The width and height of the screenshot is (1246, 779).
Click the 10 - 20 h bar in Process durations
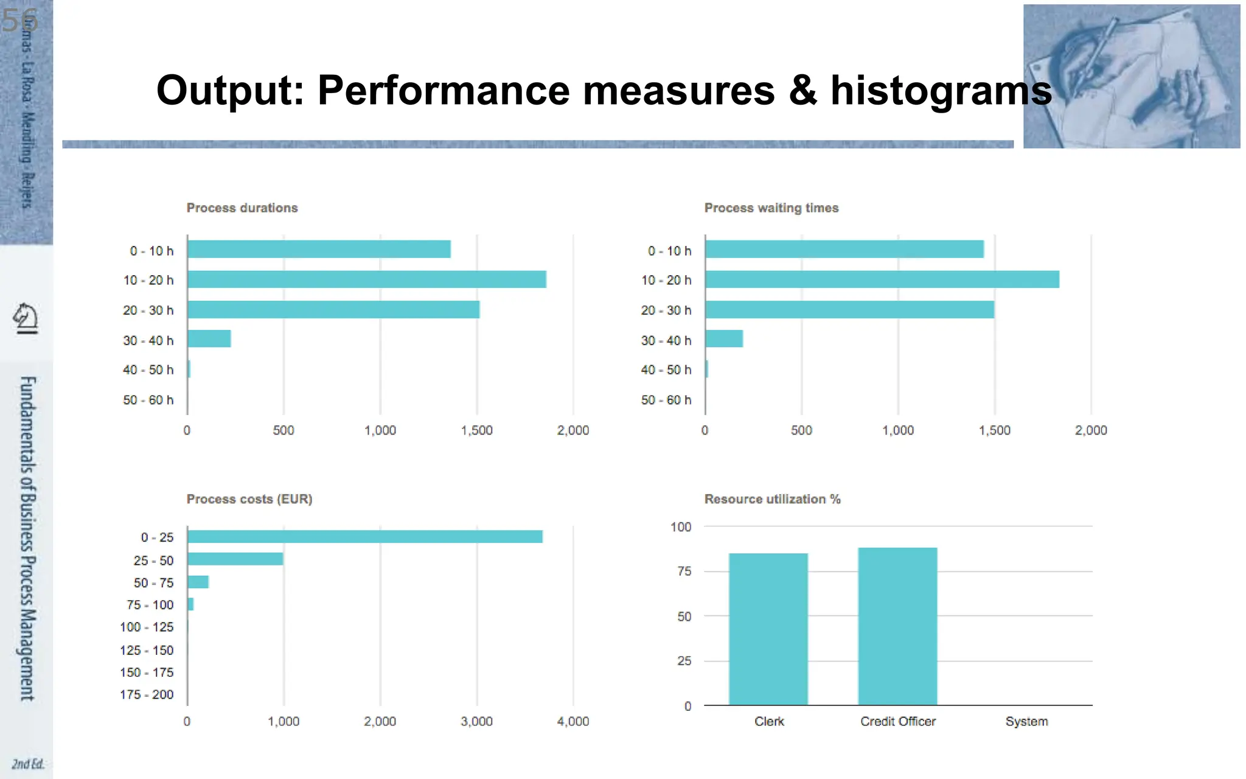click(x=366, y=279)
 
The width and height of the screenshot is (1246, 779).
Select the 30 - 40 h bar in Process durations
click(x=209, y=339)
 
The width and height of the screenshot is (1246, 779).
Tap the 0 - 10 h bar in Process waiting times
click(x=844, y=250)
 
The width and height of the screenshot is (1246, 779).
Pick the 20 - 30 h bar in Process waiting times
click(x=849, y=310)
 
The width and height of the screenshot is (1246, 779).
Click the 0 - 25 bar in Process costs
click(x=364, y=537)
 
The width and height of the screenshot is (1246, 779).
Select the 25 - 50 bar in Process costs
click(x=235, y=559)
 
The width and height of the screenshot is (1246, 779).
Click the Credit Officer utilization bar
click(x=897, y=626)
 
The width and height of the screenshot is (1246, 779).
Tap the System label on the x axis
click(x=1026, y=722)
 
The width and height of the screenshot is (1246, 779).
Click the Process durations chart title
click(x=242, y=208)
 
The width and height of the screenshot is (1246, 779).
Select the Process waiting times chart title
click(x=771, y=208)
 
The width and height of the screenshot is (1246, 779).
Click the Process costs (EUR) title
click(x=249, y=500)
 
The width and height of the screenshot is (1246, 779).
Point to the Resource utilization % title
click(x=772, y=500)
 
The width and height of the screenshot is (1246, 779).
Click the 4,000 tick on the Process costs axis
click(x=573, y=722)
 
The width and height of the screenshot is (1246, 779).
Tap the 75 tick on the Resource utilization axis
click(x=684, y=571)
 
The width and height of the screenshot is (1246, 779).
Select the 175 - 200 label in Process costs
click(x=147, y=695)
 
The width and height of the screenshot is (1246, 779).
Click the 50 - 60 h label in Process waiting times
click(x=666, y=400)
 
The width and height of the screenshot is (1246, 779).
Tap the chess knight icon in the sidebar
click(x=26, y=318)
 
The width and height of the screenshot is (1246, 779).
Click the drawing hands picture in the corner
click(x=1132, y=76)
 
